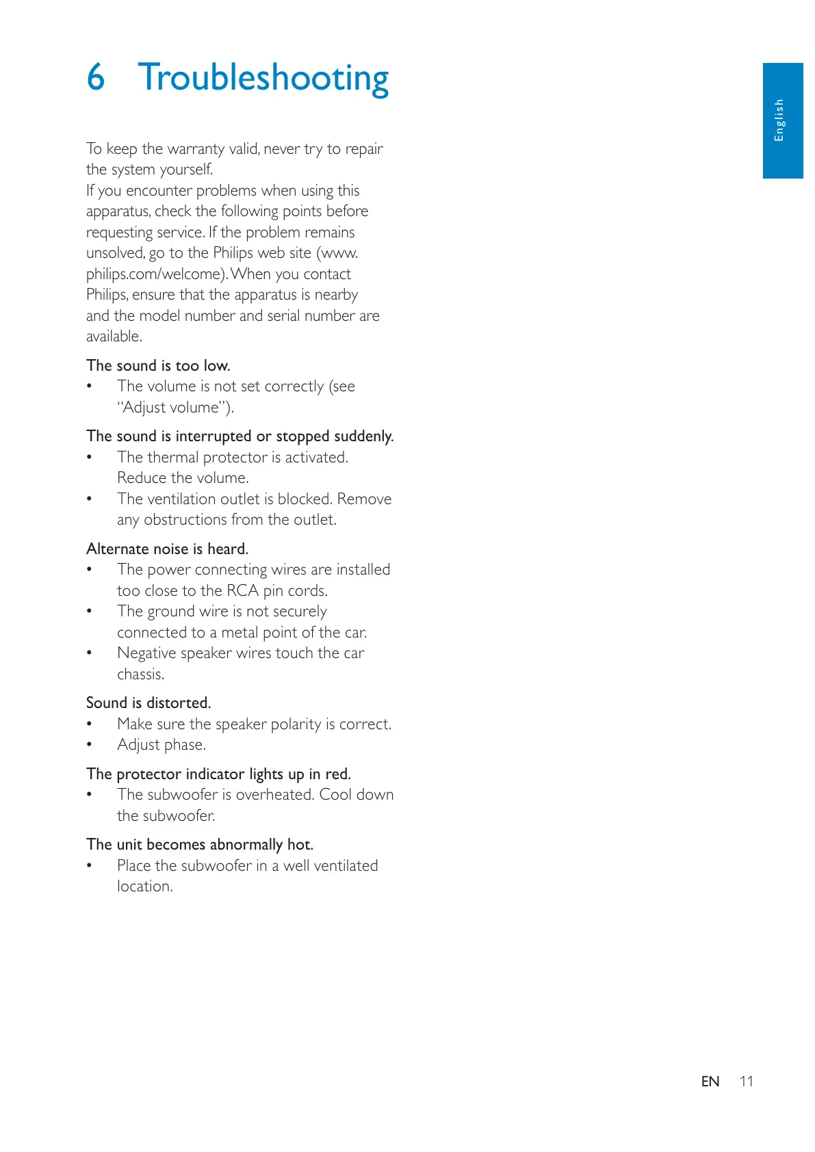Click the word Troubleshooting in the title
[x=263, y=78]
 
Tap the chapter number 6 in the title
[x=96, y=77]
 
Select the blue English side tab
[x=782, y=120]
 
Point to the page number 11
[x=746, y=1082]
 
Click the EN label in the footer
[x=710, y=1082]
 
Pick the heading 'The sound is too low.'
[x=158, y=365]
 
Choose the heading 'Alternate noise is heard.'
[x=167, y=549]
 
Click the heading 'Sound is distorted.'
[x=148, y=703]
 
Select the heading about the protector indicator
[x=218, y=774]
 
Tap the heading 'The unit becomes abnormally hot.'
[x=200, y=844]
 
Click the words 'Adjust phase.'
[x=161, y=744]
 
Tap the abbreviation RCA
[x=242, y=590]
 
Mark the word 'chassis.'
[x=140, y=674]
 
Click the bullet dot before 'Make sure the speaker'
[x=89, y=724]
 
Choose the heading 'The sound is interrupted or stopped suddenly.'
[x=240, y=436]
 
